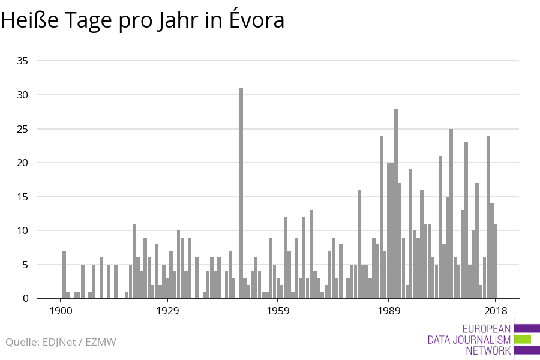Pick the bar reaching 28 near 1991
click(396, 203)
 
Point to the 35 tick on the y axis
click(23, 61)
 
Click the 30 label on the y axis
click(23, 95)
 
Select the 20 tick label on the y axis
click(23, 163)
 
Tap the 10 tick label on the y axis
click(23, 230)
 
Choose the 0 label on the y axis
click(25, 298)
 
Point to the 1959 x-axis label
click(278, 311)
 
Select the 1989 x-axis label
click(389, 311)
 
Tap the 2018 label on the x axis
click(496, 311)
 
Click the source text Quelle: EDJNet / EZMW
click(61, 342)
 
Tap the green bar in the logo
click(523, 339)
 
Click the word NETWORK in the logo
click(488, 351)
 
